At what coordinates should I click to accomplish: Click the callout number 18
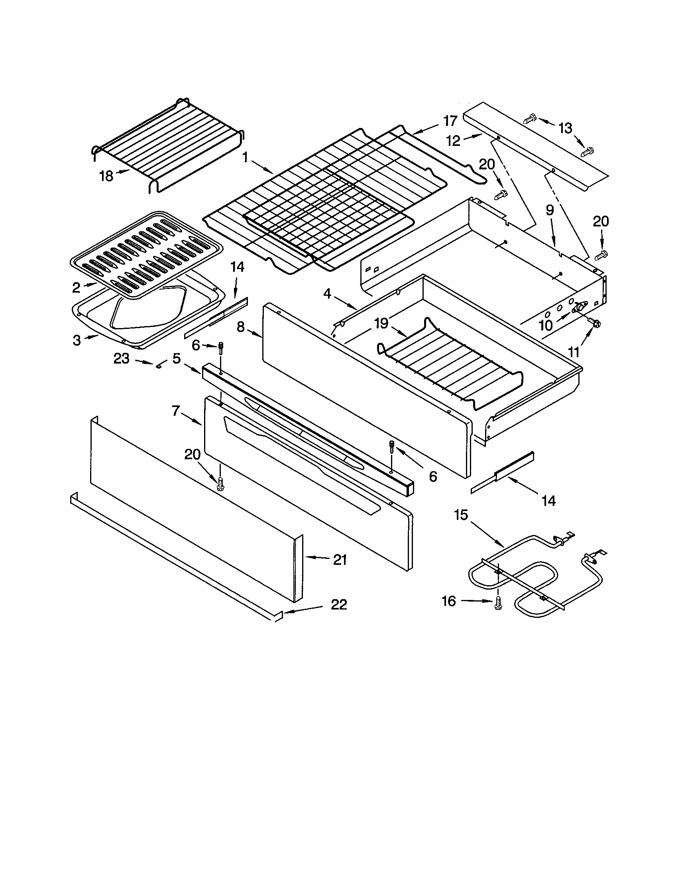coord(106,176)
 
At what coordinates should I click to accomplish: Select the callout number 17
coord(450,120)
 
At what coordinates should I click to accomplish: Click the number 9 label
coord(550,209)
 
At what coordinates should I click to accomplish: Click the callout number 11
coord(574,352)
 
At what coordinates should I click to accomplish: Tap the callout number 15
coord(461,515)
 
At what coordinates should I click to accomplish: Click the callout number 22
coord(338,604)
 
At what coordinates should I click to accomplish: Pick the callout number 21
coord(340,559)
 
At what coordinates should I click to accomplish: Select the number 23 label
coord(121,358)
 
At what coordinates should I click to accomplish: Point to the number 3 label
coord(77,340)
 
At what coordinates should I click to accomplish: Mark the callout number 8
coord(240,327)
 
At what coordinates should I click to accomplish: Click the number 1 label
coord(245,158)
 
